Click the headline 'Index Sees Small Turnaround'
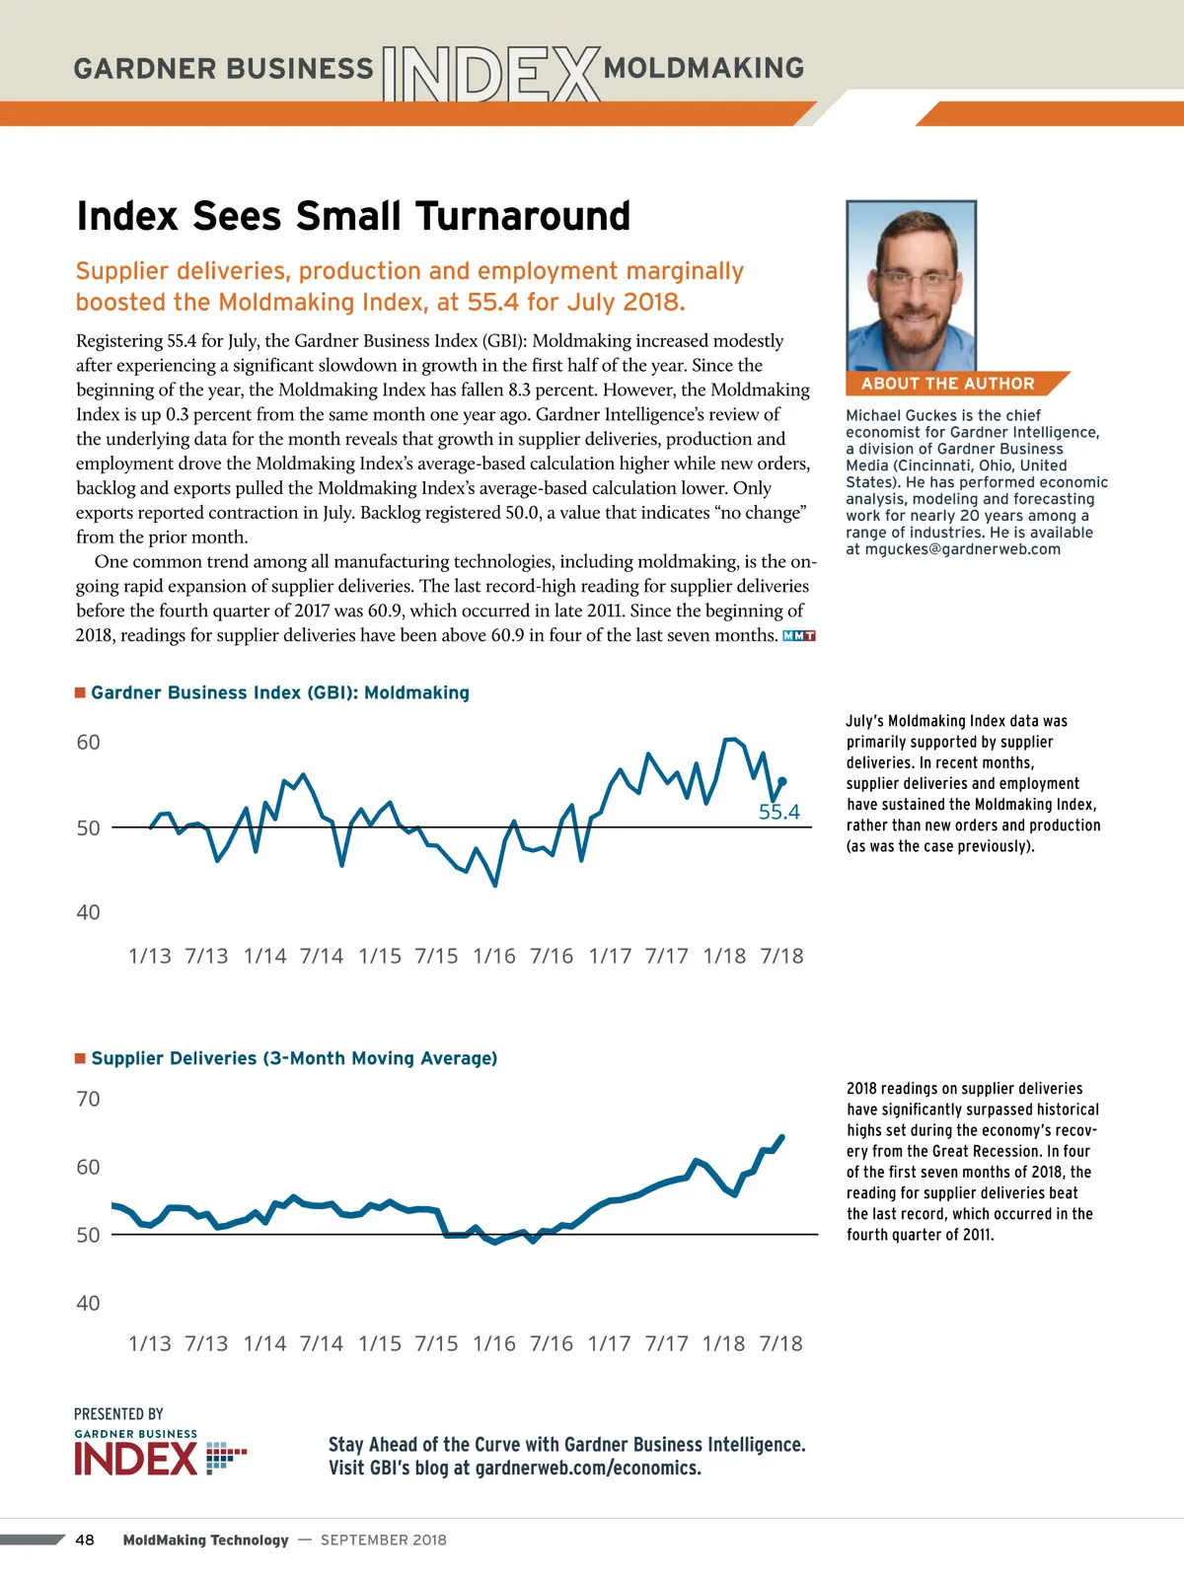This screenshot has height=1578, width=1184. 353,216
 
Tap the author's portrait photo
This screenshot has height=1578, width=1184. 911,286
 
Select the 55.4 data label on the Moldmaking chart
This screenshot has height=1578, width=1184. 778,812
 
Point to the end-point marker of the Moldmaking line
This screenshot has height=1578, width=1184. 782,781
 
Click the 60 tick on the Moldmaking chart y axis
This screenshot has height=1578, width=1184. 88,743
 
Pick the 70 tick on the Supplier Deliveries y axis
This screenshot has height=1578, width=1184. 88,1099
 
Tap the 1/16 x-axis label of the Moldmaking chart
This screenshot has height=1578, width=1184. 494,956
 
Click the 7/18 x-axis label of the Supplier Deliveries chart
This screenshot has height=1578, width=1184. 780,1343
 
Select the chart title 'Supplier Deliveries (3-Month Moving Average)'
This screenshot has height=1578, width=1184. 294,1058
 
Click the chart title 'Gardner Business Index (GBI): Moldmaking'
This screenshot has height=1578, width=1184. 280,692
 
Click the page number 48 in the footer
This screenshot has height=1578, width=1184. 85,1540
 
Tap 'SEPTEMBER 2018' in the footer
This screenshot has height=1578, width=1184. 384,1540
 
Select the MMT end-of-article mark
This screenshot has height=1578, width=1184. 798,636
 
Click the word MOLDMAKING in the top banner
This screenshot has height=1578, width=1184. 703,68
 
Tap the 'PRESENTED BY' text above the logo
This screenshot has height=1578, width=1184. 118,1413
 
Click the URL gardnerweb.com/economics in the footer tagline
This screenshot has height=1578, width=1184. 587,1468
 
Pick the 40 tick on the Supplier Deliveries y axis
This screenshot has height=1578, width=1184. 88,1303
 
